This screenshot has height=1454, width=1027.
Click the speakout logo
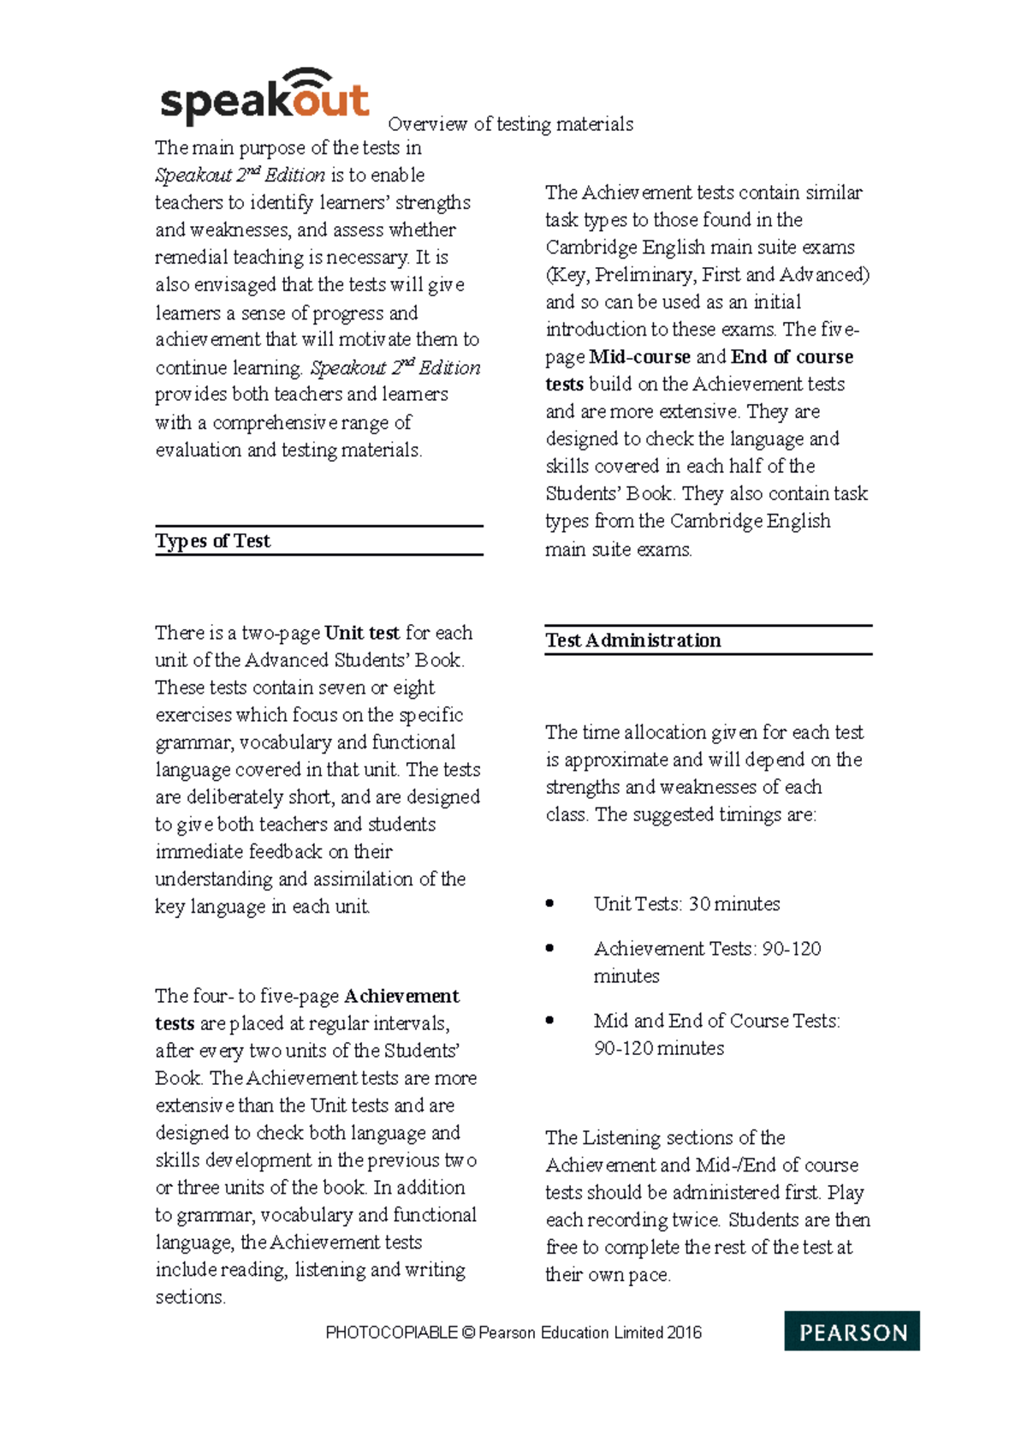[x=264, y=97]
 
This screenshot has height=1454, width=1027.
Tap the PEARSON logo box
[x=852, y=1331]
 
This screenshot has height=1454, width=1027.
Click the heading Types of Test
[x=212, y=541]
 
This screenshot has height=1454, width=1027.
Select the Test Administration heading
[x=633, y=641]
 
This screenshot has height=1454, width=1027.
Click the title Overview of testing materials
[x=511, y=124]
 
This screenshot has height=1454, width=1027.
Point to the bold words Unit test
[x=362, y=633]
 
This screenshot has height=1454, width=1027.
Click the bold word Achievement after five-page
[x=401, y=996]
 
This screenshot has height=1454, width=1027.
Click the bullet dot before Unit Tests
[x=549, y=903]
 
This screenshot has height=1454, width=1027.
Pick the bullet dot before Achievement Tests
[x=549, y=948]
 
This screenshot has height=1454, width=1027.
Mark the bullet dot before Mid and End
[x=549, y=1020]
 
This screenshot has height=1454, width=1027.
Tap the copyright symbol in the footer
[x=467, y=1332]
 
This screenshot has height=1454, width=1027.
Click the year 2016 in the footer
[x=684, y=1332]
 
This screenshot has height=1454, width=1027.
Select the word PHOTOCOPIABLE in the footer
[x=391, y=1332]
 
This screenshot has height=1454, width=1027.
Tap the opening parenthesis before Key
[x=549, y=275]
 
